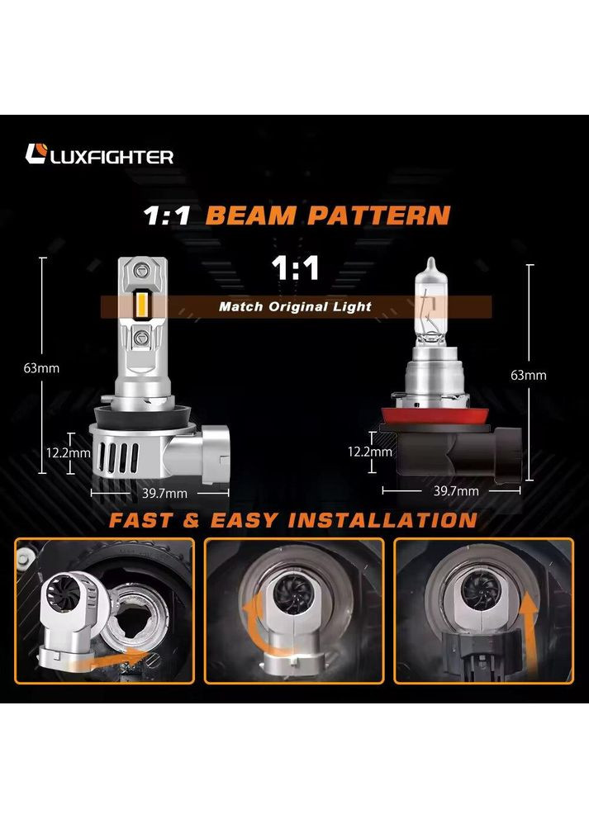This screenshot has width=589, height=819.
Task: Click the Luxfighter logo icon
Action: pyautogui.click(x=37, y=154)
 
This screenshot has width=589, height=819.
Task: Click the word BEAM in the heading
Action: pyautogui.click(x=252, y=216)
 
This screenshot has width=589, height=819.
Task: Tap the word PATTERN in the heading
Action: pyautogui.click(x=378, y=216)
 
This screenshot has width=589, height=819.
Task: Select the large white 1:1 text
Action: pyautogui.click(x=296, y=270)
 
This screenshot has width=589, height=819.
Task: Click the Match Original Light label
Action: pyautogui.click(x=295, y=307)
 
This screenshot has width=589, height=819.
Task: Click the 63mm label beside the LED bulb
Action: pyautogui.click(x=41, y=367)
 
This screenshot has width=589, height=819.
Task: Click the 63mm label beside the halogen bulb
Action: pyautogui.click(x=529, y=375)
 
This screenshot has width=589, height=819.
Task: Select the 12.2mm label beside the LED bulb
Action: pyautogui.click(x=69, y=452)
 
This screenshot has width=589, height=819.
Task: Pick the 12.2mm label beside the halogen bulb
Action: pyautogui.click(x=370, y=452)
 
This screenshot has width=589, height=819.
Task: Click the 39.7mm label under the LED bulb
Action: pyautogui.click(x=159, y=493)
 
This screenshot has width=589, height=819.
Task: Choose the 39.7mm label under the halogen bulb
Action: pyautogui.click(x=455, y=490)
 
